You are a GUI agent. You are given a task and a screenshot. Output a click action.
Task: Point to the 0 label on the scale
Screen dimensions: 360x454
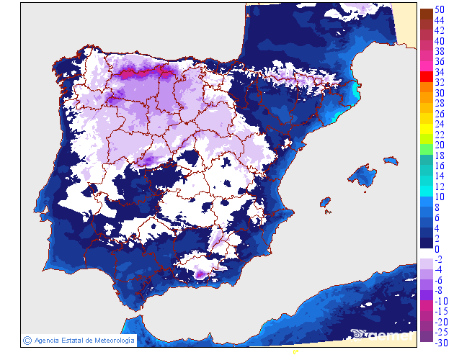[437, 249]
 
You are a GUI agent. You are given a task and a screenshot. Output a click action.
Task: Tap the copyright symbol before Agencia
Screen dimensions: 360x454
[27, 340]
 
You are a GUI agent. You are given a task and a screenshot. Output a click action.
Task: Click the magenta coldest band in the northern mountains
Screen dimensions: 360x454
[141, 73]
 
